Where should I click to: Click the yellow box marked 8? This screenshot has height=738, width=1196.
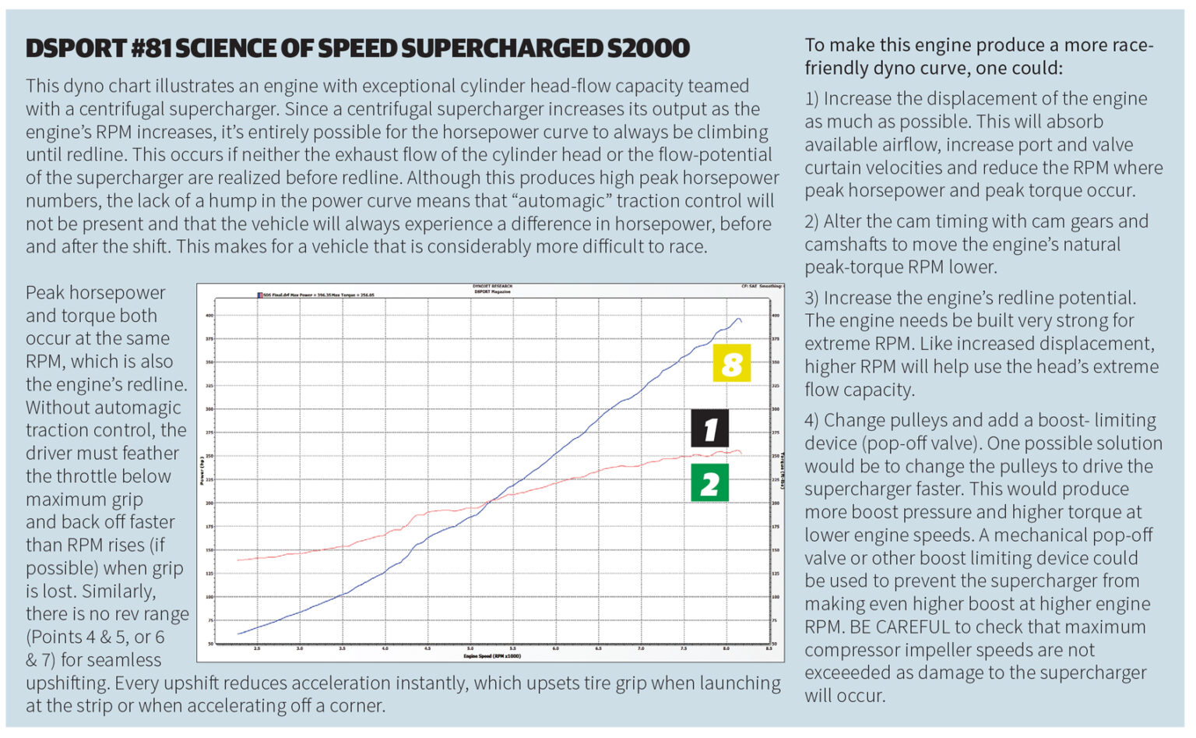pos(731,363)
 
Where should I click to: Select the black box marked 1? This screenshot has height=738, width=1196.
pos(709,429)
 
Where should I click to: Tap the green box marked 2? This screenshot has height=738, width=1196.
pos(709,483)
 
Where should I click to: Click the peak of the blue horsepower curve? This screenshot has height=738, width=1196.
pos(737,318)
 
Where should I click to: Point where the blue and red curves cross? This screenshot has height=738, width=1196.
pos(487,502)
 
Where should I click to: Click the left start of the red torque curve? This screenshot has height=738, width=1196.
pos(238,560)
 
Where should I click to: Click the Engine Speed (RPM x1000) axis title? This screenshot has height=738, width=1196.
pos(491,656)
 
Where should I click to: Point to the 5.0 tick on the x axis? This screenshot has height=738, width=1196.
pos(470,648)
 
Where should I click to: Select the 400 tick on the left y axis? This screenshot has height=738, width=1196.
pos(209,316)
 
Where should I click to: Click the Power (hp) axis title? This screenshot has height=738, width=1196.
pos(202,471)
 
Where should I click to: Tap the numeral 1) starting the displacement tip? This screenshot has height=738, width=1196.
pos(812,99)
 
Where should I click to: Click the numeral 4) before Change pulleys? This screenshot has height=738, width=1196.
pos(812,421)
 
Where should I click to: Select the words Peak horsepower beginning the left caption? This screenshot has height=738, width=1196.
pos(95,293)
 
